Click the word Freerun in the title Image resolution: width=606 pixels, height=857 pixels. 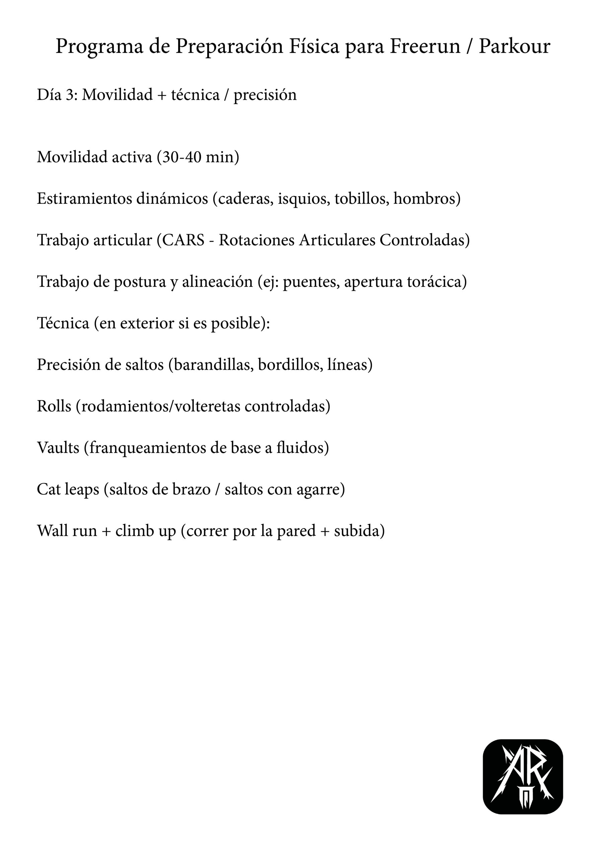point(425,47)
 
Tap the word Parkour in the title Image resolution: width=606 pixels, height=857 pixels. point(514,47)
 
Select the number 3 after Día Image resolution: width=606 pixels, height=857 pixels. point(70,95)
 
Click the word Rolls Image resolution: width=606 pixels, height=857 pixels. point(54,406)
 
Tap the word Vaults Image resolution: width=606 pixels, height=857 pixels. point(58,448)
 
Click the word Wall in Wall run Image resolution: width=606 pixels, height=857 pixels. point(52,530)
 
